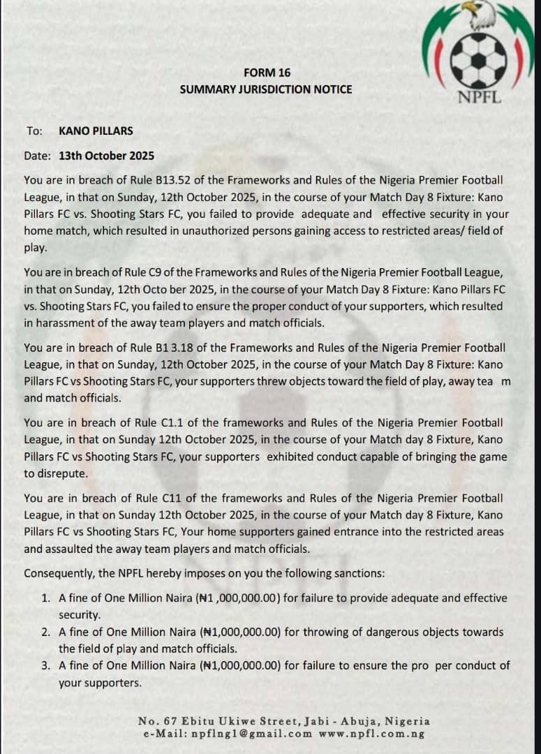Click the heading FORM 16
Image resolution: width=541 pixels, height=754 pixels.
coord(267,73)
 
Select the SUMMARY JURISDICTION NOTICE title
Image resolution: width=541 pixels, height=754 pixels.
coord(266,89)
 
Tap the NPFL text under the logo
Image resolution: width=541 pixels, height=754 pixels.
coord(479,97)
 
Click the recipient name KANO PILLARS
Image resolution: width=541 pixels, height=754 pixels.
coord(96,131)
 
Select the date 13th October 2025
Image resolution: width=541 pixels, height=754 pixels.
coord(107,156)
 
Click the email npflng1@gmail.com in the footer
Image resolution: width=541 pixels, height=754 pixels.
coord(256,734)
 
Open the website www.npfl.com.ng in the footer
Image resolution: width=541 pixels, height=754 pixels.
coord(371,734)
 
